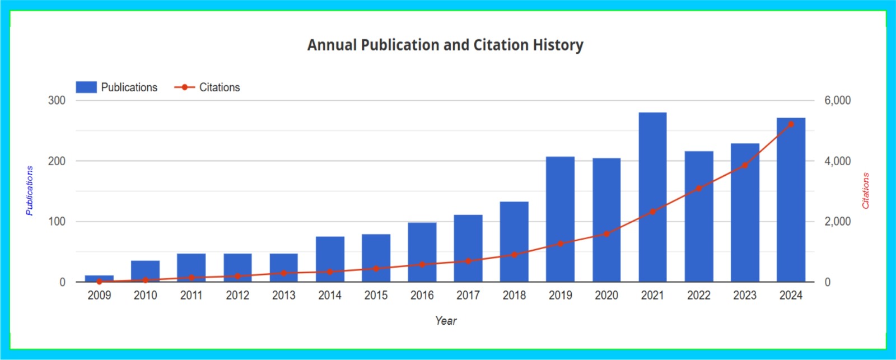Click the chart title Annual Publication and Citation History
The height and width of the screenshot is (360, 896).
(x=445, y=45)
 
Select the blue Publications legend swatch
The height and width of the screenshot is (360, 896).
(x=86, y=87)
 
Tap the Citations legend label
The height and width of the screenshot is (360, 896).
(x=220, y=87)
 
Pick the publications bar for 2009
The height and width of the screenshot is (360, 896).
(x=99, y=278)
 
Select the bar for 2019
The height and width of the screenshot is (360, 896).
(x=560, y=219)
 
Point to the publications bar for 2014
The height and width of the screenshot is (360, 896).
(x=330, y=259)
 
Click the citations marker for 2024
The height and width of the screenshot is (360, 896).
(x=791, y=124)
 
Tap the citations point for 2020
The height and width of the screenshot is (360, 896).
(x=606, y=234)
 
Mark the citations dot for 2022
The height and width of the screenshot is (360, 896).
(x=698, y=189)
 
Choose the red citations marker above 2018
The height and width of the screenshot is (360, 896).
(x=514, y=255)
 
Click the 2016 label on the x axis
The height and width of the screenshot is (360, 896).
(x=422, y=296)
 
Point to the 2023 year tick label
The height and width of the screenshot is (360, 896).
(x=744, y=296)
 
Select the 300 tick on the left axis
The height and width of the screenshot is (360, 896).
(x=57, y=101)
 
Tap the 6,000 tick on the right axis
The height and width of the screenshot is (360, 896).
(x=837, y=101)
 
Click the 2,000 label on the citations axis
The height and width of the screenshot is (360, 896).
(x=837, y=222)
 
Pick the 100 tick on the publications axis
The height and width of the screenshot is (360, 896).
(x=57, y=222)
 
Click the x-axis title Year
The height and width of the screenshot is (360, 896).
(x=446, y=321)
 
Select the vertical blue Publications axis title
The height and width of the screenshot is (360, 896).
(x=29, y=191)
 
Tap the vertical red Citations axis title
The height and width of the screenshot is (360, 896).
(x=866, y=191)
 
